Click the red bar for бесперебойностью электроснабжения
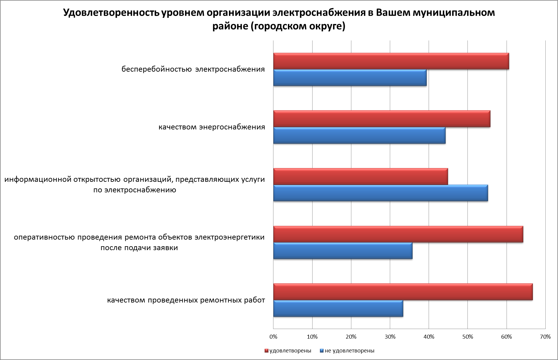pos(391,61)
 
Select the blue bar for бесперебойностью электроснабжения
pos(350,78)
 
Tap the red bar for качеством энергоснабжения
pos(382,119)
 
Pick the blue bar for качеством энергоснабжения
pos(359,135)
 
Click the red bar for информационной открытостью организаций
pos(360,176)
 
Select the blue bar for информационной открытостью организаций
pos(381,193)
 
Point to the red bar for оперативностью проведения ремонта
pos(398,234)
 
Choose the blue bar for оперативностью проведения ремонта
pos(343,251)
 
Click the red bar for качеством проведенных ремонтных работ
pos(403,292)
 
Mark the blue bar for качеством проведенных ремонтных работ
pos(338,309)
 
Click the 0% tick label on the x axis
pos(273,337)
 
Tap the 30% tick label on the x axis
pos(390,337)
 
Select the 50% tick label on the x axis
pos(468,337)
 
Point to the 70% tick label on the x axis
pos(545,337)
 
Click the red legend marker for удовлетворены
pos(267,351)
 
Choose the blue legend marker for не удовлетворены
pos(322,351)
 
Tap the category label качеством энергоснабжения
pos(212,127)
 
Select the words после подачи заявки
pos(139,248)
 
